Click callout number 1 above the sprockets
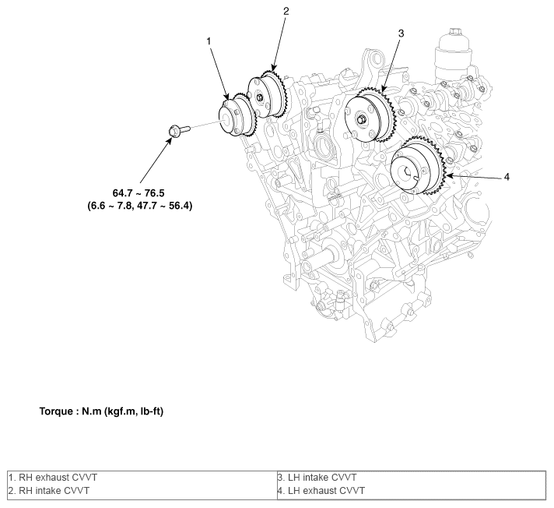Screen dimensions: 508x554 209,38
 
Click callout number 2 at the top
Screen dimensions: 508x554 286,12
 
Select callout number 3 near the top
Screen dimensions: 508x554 401,34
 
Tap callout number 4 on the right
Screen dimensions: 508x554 507,177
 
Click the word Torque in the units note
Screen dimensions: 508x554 55,411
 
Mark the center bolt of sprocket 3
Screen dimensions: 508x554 363,119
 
